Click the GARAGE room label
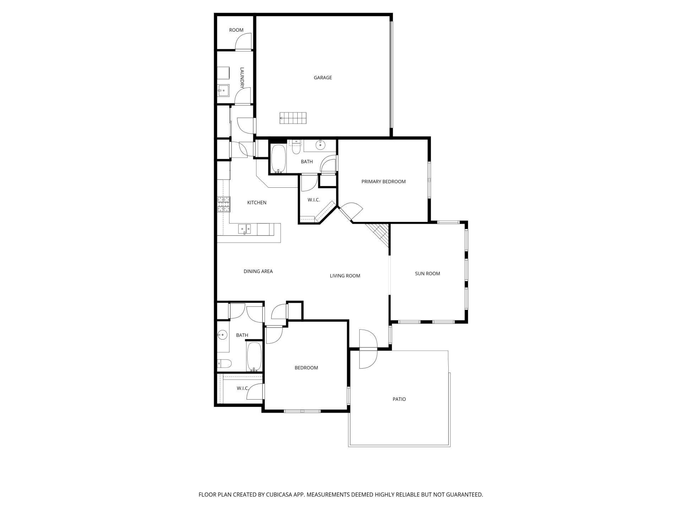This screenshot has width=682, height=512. (323, 78)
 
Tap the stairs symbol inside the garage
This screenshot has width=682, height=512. (293, 118)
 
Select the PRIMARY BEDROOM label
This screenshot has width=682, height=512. (383, 181)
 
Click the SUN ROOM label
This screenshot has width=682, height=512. (427, 273)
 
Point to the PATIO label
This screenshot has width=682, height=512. (399, 399)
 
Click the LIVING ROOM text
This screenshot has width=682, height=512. (345, 276)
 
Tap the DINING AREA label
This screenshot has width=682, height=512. (258, 271)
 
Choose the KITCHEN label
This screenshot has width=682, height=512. (256, 202)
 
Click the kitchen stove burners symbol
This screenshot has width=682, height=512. (224, 204)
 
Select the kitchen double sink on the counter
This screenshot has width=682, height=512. (244, 229)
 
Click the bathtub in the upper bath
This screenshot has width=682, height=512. (278, 158)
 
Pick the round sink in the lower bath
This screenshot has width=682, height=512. (222, 335)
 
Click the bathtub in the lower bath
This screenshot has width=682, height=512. (254, 356)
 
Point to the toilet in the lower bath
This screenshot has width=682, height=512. (224, 363)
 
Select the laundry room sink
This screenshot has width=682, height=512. (223, 90)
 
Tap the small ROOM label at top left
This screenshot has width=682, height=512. (236, 30)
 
